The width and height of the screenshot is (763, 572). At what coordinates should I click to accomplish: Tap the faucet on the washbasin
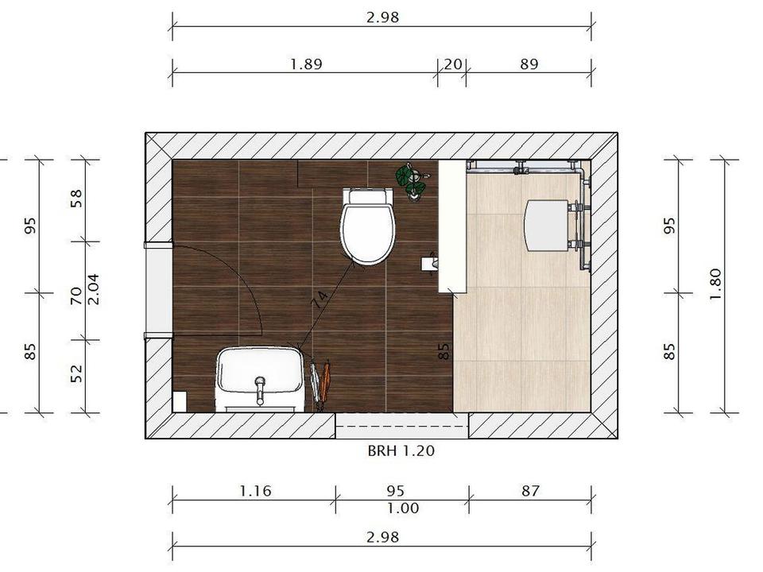point(261,390)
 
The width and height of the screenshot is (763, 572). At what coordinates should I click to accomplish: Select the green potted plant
point(412,180)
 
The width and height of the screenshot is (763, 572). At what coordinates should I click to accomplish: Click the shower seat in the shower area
point(547,225)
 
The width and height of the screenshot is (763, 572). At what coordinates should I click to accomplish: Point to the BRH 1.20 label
point(401,451)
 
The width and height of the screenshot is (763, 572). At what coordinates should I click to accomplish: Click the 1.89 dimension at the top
point(306,64)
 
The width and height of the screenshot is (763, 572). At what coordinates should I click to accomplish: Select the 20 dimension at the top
point(452,64)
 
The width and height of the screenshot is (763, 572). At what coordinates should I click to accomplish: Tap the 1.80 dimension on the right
point(715,284)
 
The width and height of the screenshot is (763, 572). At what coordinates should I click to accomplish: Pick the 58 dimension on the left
point(76,199)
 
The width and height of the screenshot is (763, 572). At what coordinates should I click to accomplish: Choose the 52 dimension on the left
point(76,373)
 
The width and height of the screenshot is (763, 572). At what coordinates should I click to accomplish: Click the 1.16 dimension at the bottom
point(255,491)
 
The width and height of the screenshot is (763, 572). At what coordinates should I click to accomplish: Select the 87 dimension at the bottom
point(530,491)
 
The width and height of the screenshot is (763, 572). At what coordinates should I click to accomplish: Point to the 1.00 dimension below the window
point(403,508)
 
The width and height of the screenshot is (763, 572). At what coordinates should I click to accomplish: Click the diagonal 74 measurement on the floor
point(320,300)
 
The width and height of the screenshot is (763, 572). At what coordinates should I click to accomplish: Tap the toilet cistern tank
point(367,196)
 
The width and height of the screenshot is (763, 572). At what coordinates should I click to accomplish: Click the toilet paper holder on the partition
point(429,264)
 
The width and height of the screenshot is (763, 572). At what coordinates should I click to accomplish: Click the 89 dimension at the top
point(529,64)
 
